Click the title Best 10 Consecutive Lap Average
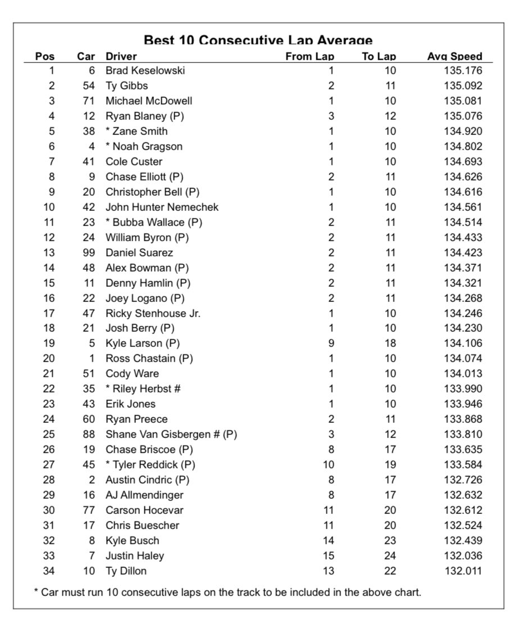[x=258, y=41]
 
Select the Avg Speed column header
[x=455, y=56]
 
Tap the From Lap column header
[x=310, y=56]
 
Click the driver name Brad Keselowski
[x=145, y=71]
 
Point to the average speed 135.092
[x=462, y=86]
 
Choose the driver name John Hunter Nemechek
[x=162, y=207]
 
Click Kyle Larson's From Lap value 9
[x=331, y=343]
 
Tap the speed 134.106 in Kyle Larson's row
[x=462, y=343]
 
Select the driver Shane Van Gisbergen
[x=171, y=434]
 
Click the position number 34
[x=48, y=571]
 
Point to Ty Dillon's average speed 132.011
[x=462, y=571]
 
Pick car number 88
[x=89, y=434]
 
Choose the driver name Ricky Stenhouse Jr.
[x=153, y=313]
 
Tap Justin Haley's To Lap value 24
[x=390, y=556]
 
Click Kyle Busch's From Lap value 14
[x=329, y=540]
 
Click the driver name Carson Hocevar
[x=144, y=510]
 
